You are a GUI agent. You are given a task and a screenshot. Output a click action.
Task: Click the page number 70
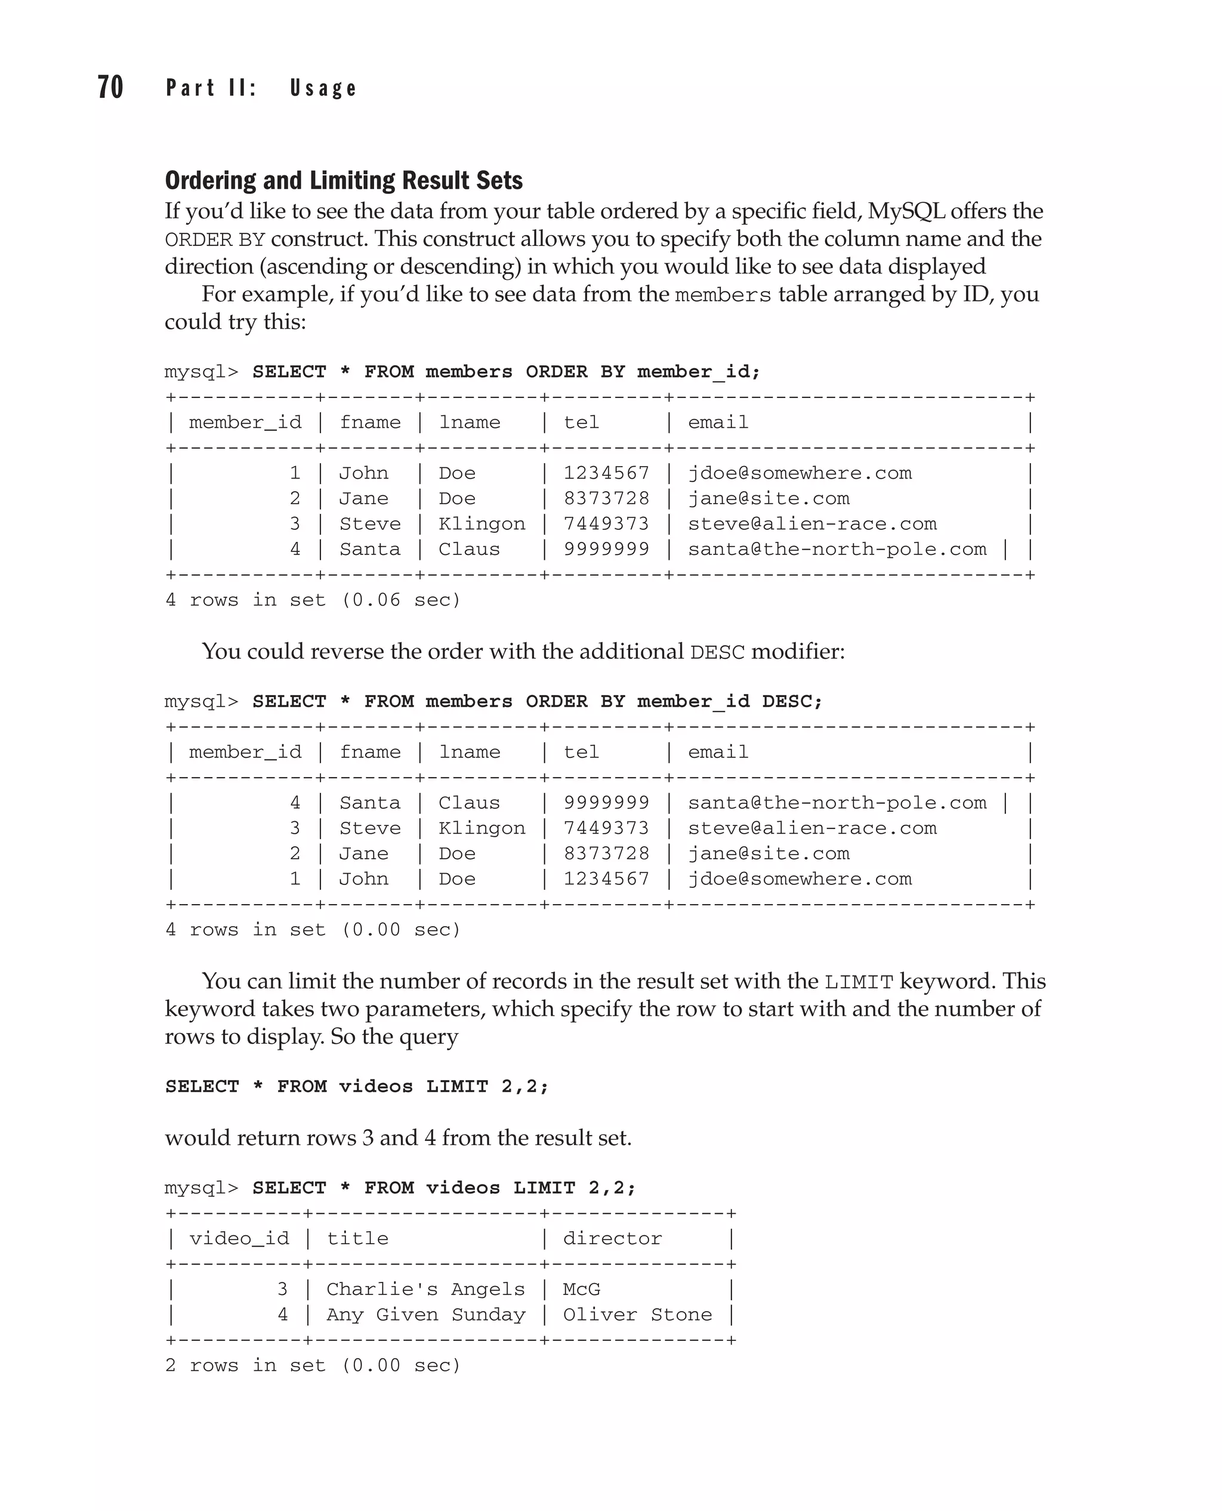(x=110, y=88)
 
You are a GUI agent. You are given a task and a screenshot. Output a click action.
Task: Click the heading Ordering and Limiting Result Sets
(x=344, y=181)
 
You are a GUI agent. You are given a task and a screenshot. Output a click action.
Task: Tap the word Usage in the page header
(x=323, y=89)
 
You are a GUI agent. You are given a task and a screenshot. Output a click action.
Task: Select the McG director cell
(x=581, y=1289)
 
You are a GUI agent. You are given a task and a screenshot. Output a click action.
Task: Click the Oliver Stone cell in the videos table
(x=637, y=1315)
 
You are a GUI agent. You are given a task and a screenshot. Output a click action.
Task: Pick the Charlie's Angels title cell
(x=425, y=1289)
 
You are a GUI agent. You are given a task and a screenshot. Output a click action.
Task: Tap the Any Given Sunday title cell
(x=425, y=1315)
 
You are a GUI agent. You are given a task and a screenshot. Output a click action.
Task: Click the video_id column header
(x=239, y=1238)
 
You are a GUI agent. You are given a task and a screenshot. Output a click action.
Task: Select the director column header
(x=612, y=1238)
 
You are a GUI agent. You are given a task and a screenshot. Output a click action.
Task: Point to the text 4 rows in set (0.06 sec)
(x=313, y=600)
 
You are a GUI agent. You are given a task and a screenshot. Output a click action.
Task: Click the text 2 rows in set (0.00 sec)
(x=313, y=1365)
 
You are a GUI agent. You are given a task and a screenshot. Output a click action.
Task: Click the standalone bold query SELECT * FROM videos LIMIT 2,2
(x=356, y=1087)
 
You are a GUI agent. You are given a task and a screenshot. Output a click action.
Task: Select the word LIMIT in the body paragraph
(x=858, y=982)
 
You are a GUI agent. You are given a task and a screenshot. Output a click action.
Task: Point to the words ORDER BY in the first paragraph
(x=215, y=240)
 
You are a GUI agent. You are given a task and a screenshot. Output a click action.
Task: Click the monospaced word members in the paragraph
(x=723, y=295)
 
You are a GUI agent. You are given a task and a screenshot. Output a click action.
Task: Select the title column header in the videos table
(x=357, y=1238)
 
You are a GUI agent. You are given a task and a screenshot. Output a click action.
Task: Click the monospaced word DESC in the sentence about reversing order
(x=717, y=653)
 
